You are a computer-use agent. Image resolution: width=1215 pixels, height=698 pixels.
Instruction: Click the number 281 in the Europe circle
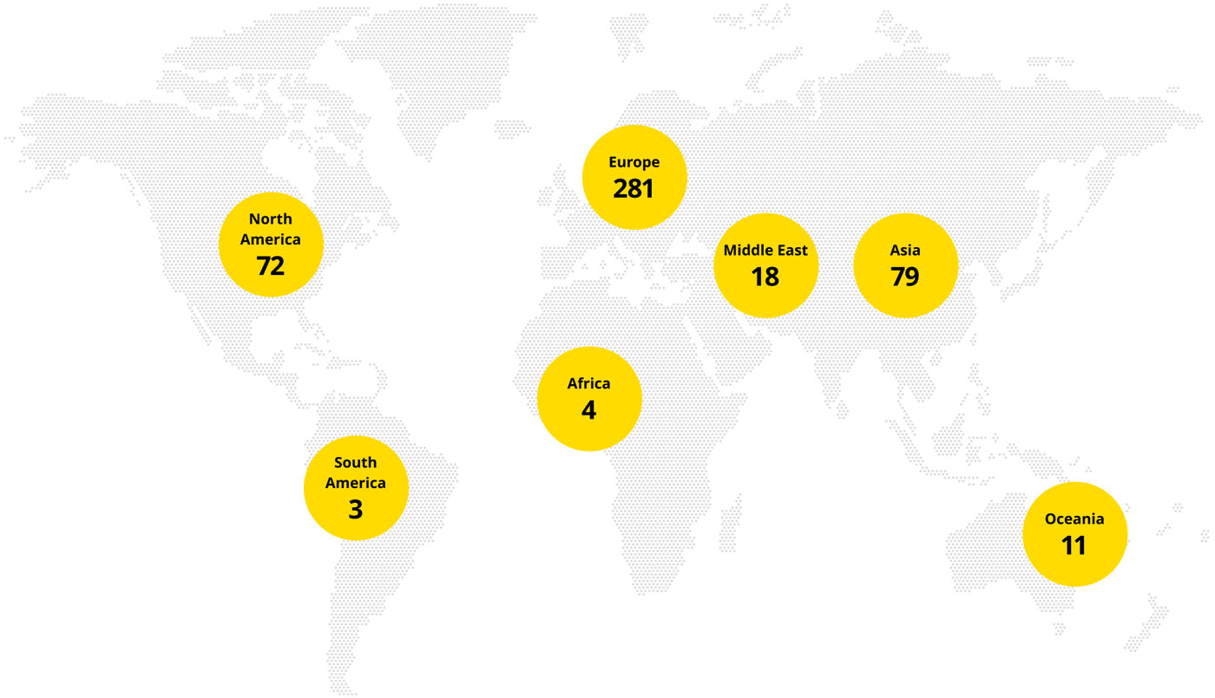(634, 188)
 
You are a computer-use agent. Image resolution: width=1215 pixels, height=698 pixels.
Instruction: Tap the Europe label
(634, 162)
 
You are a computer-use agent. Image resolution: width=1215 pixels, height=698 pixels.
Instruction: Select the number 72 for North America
(270, 265)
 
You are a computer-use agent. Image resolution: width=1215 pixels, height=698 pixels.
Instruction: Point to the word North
(270, 219)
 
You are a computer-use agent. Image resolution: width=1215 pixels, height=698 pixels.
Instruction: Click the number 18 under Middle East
(765, 276)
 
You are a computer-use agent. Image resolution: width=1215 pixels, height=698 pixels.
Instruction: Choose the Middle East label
(765, 251)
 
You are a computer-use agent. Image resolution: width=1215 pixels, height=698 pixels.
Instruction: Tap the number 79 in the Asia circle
(904, 276)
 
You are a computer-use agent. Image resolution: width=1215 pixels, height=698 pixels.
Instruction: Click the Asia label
(904, 251)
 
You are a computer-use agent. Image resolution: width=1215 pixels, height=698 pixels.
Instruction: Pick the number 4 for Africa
(588, 409)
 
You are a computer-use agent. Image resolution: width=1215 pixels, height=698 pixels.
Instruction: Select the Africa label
(588, 383)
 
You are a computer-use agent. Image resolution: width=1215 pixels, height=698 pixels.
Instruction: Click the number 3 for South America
(355, 509)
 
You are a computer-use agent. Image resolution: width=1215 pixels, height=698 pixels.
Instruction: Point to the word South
(355, 463)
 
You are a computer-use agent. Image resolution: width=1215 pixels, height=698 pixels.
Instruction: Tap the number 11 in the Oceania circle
(1074, 545)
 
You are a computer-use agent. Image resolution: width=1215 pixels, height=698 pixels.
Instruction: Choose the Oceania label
(1074, 519)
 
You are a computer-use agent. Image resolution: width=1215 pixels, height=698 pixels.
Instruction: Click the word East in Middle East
(790, 251)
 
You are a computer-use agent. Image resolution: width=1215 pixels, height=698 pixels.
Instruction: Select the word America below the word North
(270, 239)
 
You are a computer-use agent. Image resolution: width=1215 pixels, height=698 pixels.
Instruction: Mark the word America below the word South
(355, 483)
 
